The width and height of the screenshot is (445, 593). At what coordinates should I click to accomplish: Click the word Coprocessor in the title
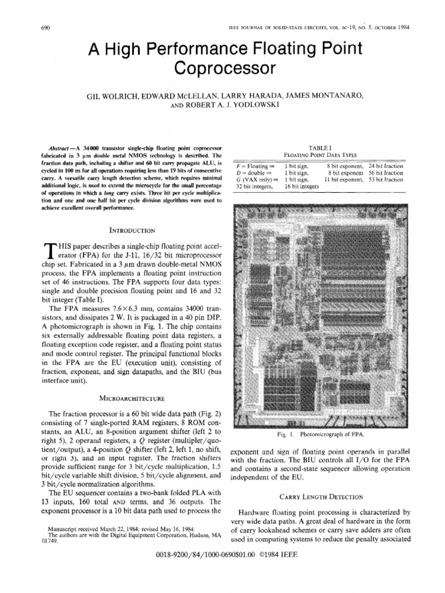click(x=222, y=68)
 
